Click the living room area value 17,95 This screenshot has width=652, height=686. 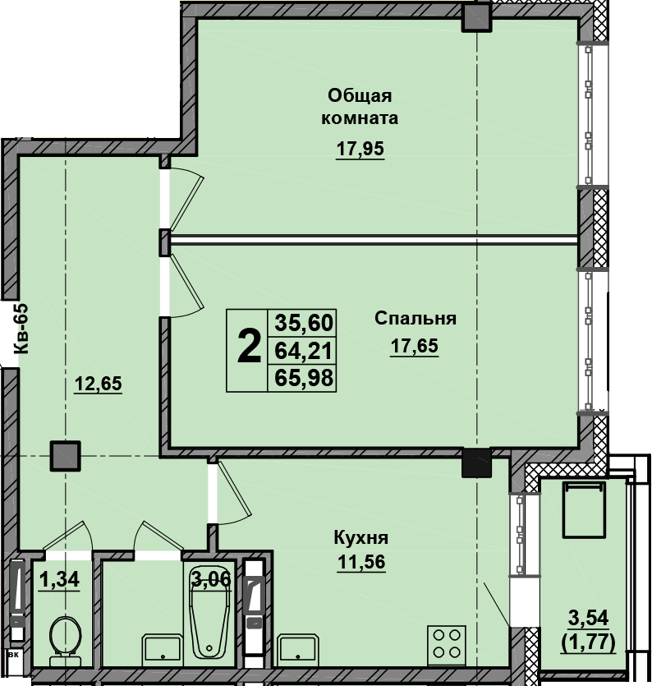click(x=360, y=149)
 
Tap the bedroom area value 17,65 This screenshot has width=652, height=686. click(x=414, y=346)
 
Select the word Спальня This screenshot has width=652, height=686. click(x=415, y=319)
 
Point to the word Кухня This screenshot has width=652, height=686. click(x=360, y=537)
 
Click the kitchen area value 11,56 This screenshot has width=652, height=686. click(x=361, y=562)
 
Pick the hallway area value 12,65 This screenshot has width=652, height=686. click(x=98, y=384)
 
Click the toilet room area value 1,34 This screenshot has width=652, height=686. click(x=59, y=580)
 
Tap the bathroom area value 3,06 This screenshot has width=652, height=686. click(x=211, y=579)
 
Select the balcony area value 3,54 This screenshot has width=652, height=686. click(x=588, y=618)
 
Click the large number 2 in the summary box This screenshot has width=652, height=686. click(x=248, y=347)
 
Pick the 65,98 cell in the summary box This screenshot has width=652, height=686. click(x=304, y=378)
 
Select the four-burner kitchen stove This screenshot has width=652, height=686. click(x=447, y=644)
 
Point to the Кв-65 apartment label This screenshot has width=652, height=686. click(x=21, y=329)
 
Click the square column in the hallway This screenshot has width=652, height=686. click(x=65, y=455)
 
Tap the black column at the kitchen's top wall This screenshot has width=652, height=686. click(x=477, y=463)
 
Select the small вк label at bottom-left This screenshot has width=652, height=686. click(x=14, y=656)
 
